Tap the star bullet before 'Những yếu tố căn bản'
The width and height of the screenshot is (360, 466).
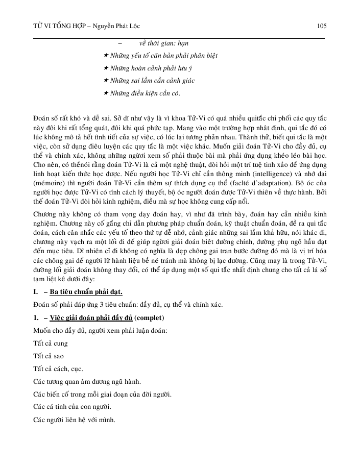coord(106,55)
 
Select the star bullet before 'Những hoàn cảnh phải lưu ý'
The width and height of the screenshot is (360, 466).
coord(106,68)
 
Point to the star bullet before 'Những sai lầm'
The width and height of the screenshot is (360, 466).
coord(106,81)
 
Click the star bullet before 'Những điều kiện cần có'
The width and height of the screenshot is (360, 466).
coord(106,93)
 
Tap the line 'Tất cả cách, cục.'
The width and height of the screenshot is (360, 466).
coord(58,369)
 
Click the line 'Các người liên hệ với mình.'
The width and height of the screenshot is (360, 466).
coord(74,421)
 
